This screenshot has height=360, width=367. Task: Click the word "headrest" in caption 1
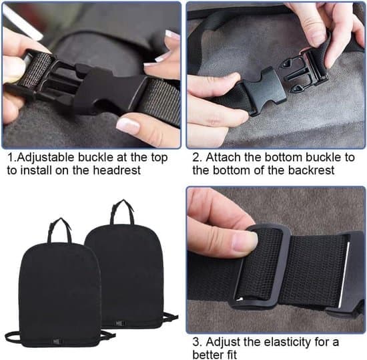coord(117,170)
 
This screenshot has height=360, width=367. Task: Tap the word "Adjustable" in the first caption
coord(45,158)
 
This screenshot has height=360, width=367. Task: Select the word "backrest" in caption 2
coord(311,170)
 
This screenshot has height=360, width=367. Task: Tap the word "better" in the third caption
coord(208,354)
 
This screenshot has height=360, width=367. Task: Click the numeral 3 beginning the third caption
coord(196,342)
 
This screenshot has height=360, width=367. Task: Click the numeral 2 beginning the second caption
coord(196,158)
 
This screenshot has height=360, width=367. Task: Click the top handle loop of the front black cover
coord(59,230)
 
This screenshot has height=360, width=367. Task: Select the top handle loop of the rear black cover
coord(123,212)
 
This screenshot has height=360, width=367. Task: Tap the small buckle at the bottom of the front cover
coord(57,341)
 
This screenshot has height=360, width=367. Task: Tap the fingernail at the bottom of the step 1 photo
coord(128,126)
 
